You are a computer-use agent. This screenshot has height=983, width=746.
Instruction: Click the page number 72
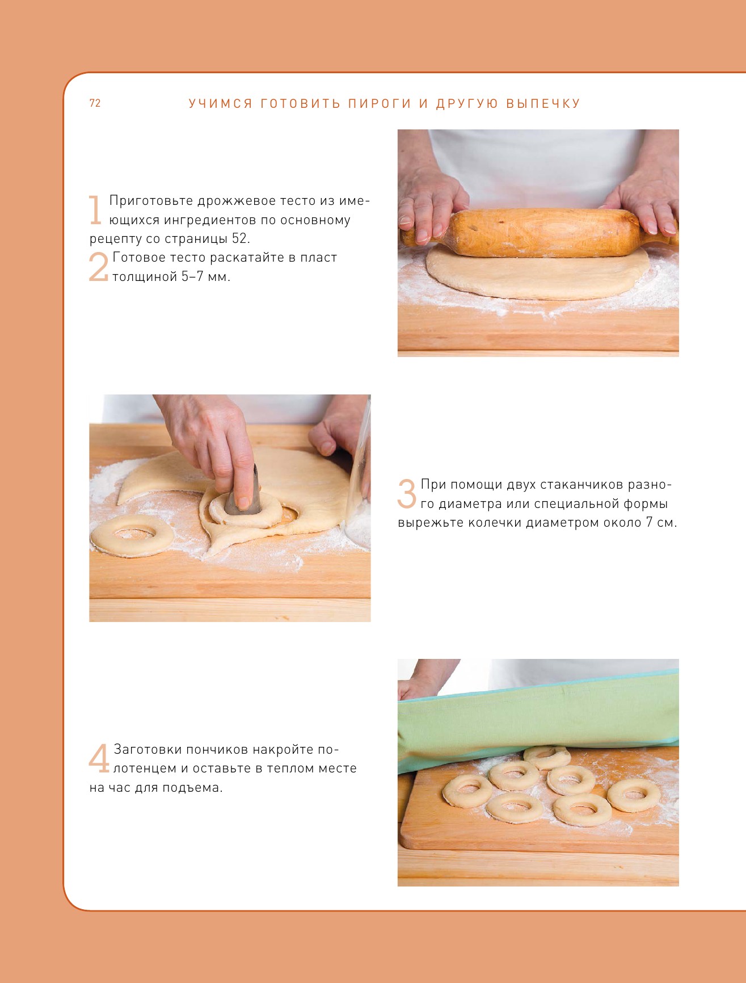(x=95, y=103)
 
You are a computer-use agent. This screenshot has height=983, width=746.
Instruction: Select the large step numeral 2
(x=98, y=267)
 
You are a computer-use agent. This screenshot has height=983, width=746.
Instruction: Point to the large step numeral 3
(x=407, y=493)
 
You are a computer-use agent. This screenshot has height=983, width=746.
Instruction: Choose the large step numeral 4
(x=99, y=758)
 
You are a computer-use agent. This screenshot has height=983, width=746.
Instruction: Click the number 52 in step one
(x=240, y=238)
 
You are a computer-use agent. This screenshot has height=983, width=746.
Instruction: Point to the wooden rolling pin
(x=539, y=233)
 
